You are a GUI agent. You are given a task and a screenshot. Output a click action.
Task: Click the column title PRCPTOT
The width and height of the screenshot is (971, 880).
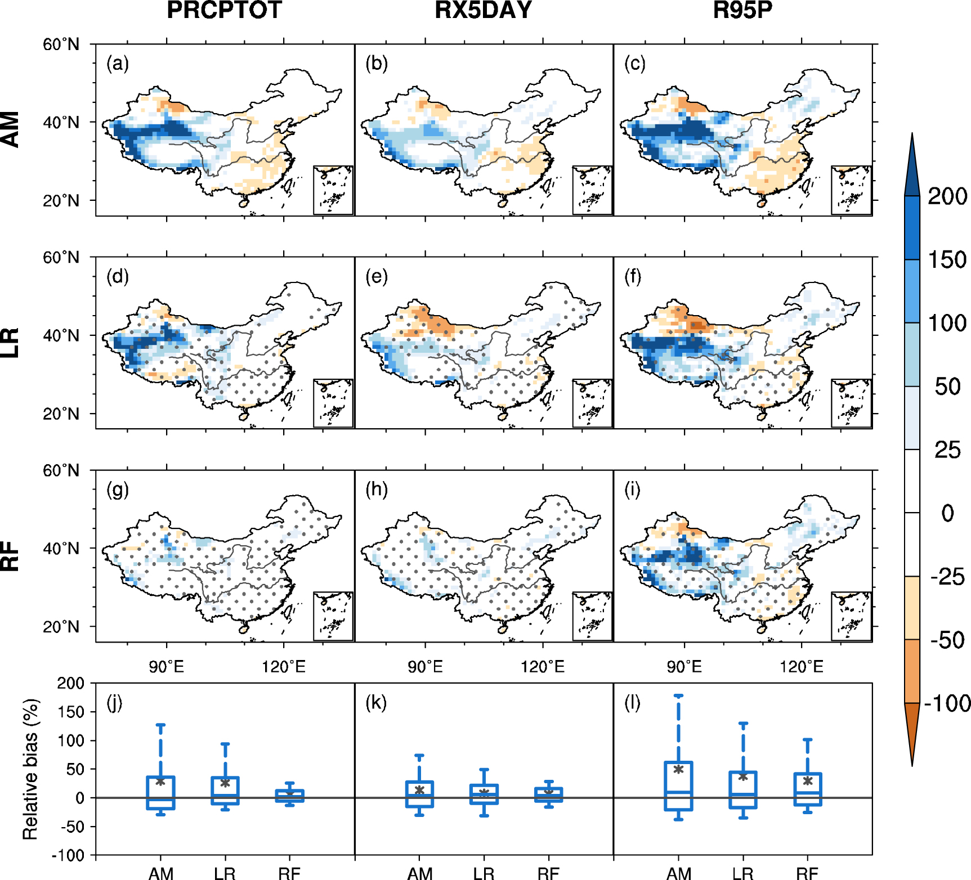[224, 11]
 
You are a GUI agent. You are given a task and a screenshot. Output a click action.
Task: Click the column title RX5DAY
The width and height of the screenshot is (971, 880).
[483, 11]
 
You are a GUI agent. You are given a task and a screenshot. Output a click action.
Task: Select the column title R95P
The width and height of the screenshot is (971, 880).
[742, 11]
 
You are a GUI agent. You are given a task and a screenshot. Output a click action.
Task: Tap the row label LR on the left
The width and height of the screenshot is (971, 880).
[11, 343]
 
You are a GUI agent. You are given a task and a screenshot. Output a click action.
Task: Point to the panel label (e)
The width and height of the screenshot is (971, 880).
[377, 276]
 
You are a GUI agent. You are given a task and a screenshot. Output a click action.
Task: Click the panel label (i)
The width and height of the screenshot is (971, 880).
[632, 490]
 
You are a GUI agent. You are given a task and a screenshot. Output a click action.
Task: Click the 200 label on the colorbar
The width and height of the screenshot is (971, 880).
[947, 196]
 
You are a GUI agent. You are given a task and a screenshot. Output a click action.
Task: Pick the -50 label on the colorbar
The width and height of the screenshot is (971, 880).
[947, 640]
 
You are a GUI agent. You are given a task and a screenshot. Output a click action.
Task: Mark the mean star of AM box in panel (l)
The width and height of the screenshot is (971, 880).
[679, 769]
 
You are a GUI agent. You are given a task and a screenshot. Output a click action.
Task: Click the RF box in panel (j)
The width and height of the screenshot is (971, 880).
[289, 796]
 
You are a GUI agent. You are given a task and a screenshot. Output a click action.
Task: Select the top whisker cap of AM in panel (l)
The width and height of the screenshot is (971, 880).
[679, 696]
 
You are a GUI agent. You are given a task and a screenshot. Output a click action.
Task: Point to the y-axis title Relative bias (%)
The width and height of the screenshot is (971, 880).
[30, 769]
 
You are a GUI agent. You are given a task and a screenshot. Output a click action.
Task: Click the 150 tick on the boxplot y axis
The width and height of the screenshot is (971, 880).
[70, 712]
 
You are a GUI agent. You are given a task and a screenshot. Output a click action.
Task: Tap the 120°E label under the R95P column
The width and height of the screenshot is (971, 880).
[802, 667]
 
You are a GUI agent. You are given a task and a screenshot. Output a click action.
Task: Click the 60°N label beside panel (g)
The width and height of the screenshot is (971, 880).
[61, 470]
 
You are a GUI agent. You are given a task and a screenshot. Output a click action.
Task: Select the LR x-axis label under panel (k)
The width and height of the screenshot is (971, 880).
[484, 873]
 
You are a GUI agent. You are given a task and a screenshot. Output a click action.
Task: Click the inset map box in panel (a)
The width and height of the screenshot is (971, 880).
[333, 190]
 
